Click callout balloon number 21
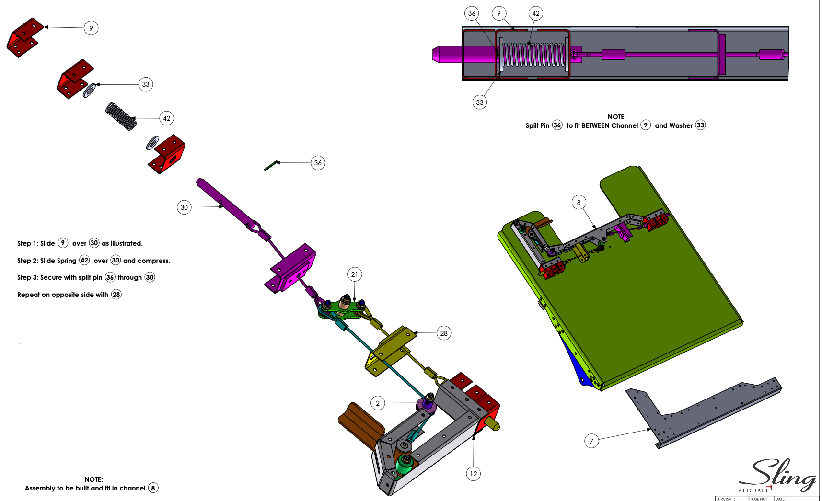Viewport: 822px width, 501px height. pos(354,274)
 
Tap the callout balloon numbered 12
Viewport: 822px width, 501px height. pos(474,474)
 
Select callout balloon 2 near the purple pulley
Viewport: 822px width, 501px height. pos(378,403)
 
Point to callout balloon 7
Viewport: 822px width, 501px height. pos(591,441)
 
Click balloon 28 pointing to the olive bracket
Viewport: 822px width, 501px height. pos(444,333)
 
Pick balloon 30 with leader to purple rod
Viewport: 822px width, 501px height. pos(184,207)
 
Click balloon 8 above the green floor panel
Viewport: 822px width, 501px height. pos(579,203)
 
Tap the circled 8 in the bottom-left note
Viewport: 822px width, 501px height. pos(153,488)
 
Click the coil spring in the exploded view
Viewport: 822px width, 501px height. pos(121,116)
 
